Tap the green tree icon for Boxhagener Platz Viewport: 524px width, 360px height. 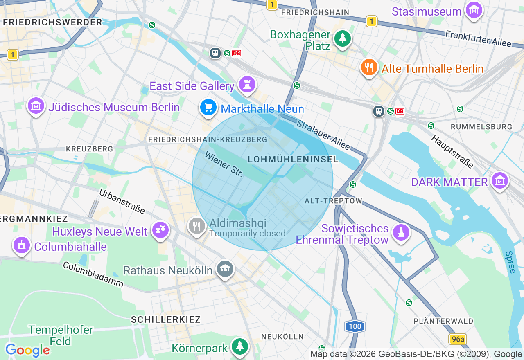(342, 39)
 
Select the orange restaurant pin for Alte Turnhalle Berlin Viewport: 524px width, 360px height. (369, 67)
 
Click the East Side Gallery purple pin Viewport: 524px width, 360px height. (247, 85)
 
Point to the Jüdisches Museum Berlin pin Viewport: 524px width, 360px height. (36, 106)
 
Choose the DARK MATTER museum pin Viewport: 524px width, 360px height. (500, 181)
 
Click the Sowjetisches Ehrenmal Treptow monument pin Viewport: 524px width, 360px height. (401, 233)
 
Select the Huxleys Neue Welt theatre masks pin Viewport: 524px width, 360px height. (160, 231)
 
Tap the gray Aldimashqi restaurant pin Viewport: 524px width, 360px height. (197, 226)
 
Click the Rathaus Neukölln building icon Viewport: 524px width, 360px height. (225, 269)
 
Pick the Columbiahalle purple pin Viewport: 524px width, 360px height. (21, 245)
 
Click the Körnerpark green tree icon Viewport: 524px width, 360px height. (239, 347)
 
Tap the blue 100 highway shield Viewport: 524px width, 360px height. (355, 326)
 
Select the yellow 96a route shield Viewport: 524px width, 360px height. (458, 339)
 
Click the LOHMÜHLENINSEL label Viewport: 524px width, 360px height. (293, 159)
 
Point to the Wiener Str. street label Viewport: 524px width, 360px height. (224, 164)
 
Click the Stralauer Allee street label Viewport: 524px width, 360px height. (323, 135)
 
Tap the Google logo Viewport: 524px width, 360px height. (27, 350)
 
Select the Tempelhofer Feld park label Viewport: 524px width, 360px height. (61, 335)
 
